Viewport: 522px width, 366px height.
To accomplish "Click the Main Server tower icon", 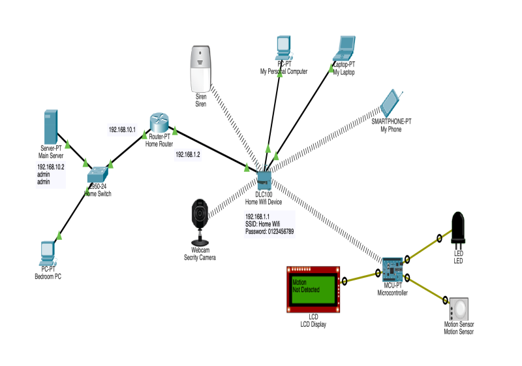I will point(52,127).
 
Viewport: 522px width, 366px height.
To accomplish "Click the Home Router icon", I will point(159,122).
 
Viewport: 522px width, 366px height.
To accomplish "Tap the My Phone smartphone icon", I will point(392,101).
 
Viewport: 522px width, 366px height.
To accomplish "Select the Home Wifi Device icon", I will point(264,178).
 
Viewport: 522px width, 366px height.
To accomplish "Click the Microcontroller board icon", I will point(393,267).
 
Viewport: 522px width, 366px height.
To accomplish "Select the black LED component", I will point(458,226).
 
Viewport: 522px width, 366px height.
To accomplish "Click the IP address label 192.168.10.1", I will point(122,130).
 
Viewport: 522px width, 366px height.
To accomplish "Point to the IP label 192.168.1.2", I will point(188,156).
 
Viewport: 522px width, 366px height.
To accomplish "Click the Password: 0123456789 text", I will point(269,231).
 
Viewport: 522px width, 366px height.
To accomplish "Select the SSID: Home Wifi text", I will point(262,224).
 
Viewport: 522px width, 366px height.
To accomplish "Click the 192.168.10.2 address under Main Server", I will point(50,167).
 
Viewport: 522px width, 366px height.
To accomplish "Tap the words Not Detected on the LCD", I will point(307,288).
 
